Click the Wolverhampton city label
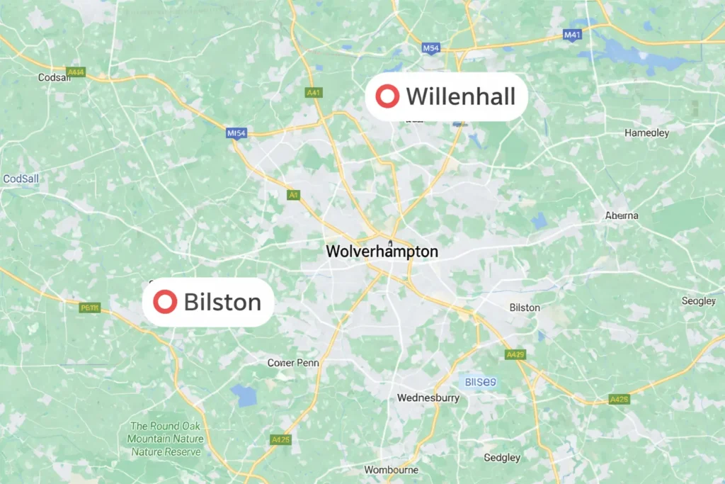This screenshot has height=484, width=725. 382,252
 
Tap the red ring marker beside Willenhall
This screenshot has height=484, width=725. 387,96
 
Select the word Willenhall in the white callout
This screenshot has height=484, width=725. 460,96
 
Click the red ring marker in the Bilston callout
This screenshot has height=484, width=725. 165,302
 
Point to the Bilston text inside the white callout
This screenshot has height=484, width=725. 222,303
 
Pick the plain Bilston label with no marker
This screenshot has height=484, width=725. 525,308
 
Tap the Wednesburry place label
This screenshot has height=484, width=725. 428,398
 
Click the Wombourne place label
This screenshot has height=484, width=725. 391,470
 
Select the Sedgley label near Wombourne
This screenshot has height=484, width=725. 502,458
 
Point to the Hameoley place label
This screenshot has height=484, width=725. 646,133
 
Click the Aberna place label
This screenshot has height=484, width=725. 622,215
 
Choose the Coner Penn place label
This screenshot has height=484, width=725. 293,363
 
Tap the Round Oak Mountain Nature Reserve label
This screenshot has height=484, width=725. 166,439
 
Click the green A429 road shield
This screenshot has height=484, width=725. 515,354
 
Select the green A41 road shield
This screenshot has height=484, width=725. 313,92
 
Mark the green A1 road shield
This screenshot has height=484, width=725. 293,194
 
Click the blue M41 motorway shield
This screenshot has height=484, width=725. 572,34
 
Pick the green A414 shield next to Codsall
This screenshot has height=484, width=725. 75,72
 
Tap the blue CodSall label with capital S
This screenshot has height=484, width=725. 21,179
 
